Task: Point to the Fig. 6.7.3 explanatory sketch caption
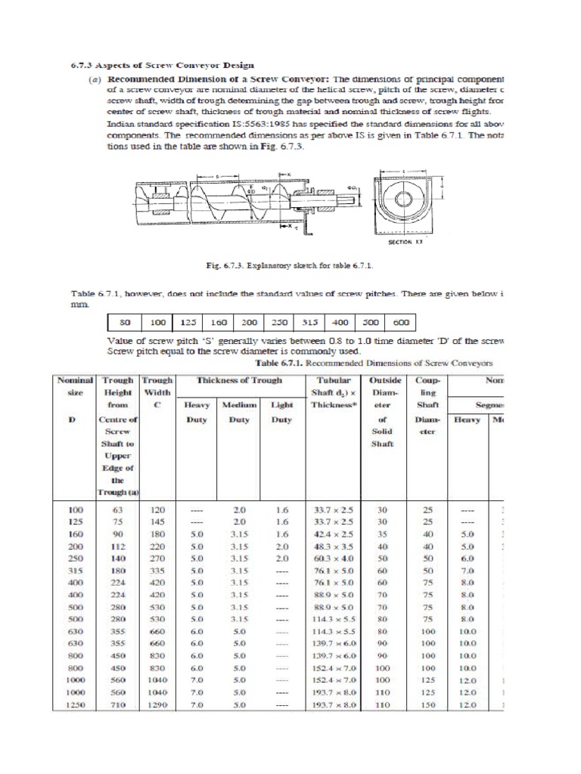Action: (x=290, y=266)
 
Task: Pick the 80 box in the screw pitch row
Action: (x=126, y=322)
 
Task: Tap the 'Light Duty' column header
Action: (x=281, y=412)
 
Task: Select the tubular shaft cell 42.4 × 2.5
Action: (x=333, y=534)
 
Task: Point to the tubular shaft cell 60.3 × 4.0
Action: (x=333, y=558)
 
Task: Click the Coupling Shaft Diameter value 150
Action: (x=428, y=704)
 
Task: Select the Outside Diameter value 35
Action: (x=382, y=534)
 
